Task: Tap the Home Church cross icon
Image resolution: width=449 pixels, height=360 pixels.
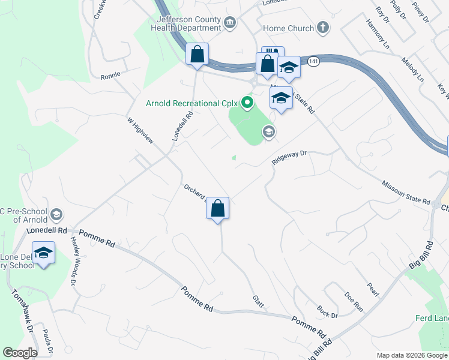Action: pos(323,28)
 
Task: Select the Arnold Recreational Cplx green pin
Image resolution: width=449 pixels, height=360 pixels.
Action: pos(246,103)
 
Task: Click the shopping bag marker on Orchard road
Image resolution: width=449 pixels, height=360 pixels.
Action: pos(218,209)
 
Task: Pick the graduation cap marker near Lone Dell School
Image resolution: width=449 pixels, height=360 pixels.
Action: pos(43,253)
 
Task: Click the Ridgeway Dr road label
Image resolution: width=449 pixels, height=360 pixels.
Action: pos(289,157)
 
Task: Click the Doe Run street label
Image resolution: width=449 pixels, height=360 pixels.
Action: pos(354,301)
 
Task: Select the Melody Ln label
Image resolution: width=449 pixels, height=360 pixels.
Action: pos(412,70)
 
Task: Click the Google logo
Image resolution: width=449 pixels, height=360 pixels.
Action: pos(20,353)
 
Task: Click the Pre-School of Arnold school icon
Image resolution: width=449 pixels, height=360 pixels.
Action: pos(56,214)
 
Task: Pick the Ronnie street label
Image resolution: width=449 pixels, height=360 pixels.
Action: pos(110,75)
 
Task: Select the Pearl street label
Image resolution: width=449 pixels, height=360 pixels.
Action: pos(373,290)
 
